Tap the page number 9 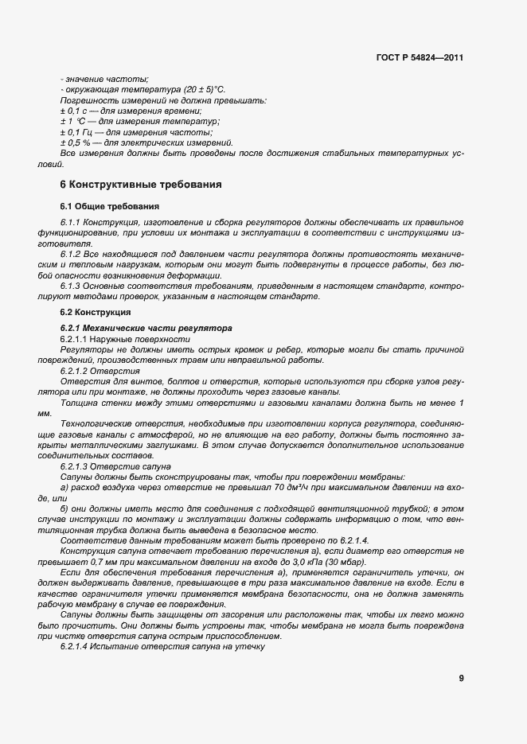[461, 678]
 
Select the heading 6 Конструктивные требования [141, 185]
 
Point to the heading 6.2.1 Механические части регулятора [135, 328]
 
